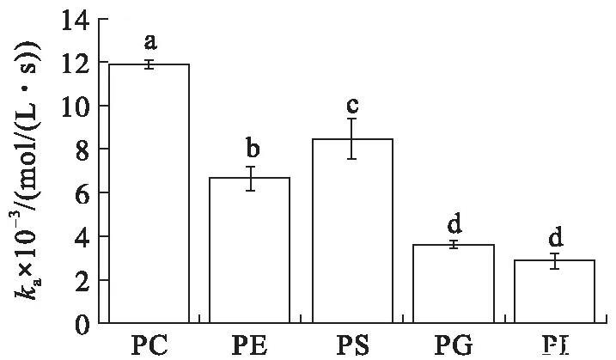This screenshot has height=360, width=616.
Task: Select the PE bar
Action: tap(250, 250)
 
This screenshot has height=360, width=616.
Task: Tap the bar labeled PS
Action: tap(352, 231)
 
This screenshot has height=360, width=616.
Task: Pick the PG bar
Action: tap(454, 284)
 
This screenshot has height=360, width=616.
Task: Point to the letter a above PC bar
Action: tap(148, 42)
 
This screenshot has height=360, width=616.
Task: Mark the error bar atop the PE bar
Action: tap(250, 178)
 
